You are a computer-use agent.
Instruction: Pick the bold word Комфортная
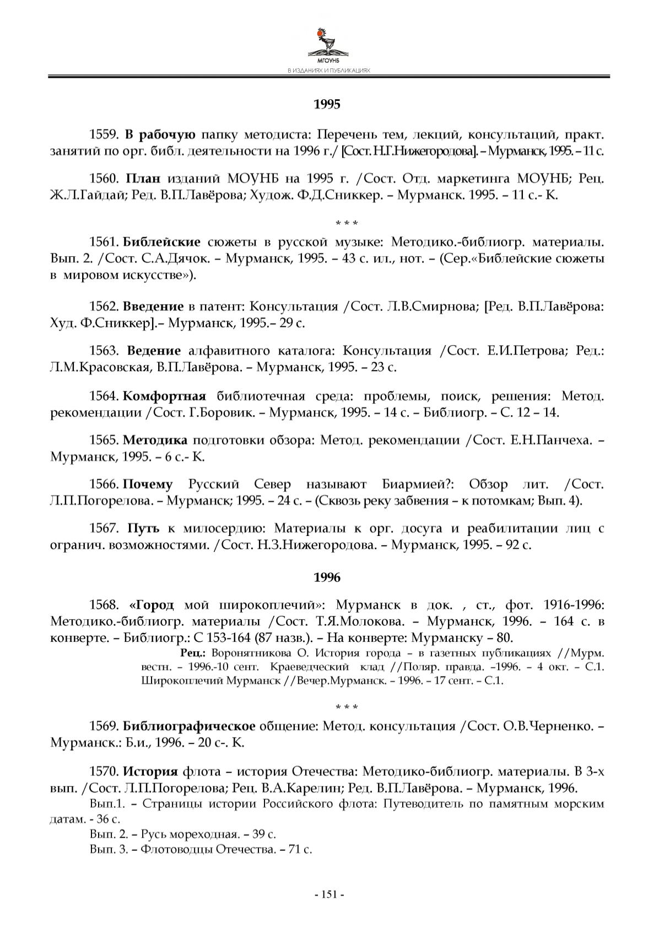(x=164, y=396)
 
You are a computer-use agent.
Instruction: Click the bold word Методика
(x=155, y=440)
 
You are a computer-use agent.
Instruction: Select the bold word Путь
(x=143, y=529)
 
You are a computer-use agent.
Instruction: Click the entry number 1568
(x=104, y=605)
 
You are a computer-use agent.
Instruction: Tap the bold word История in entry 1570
(x=150, y=771)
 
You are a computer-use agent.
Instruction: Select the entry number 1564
(x=104, y=396)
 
